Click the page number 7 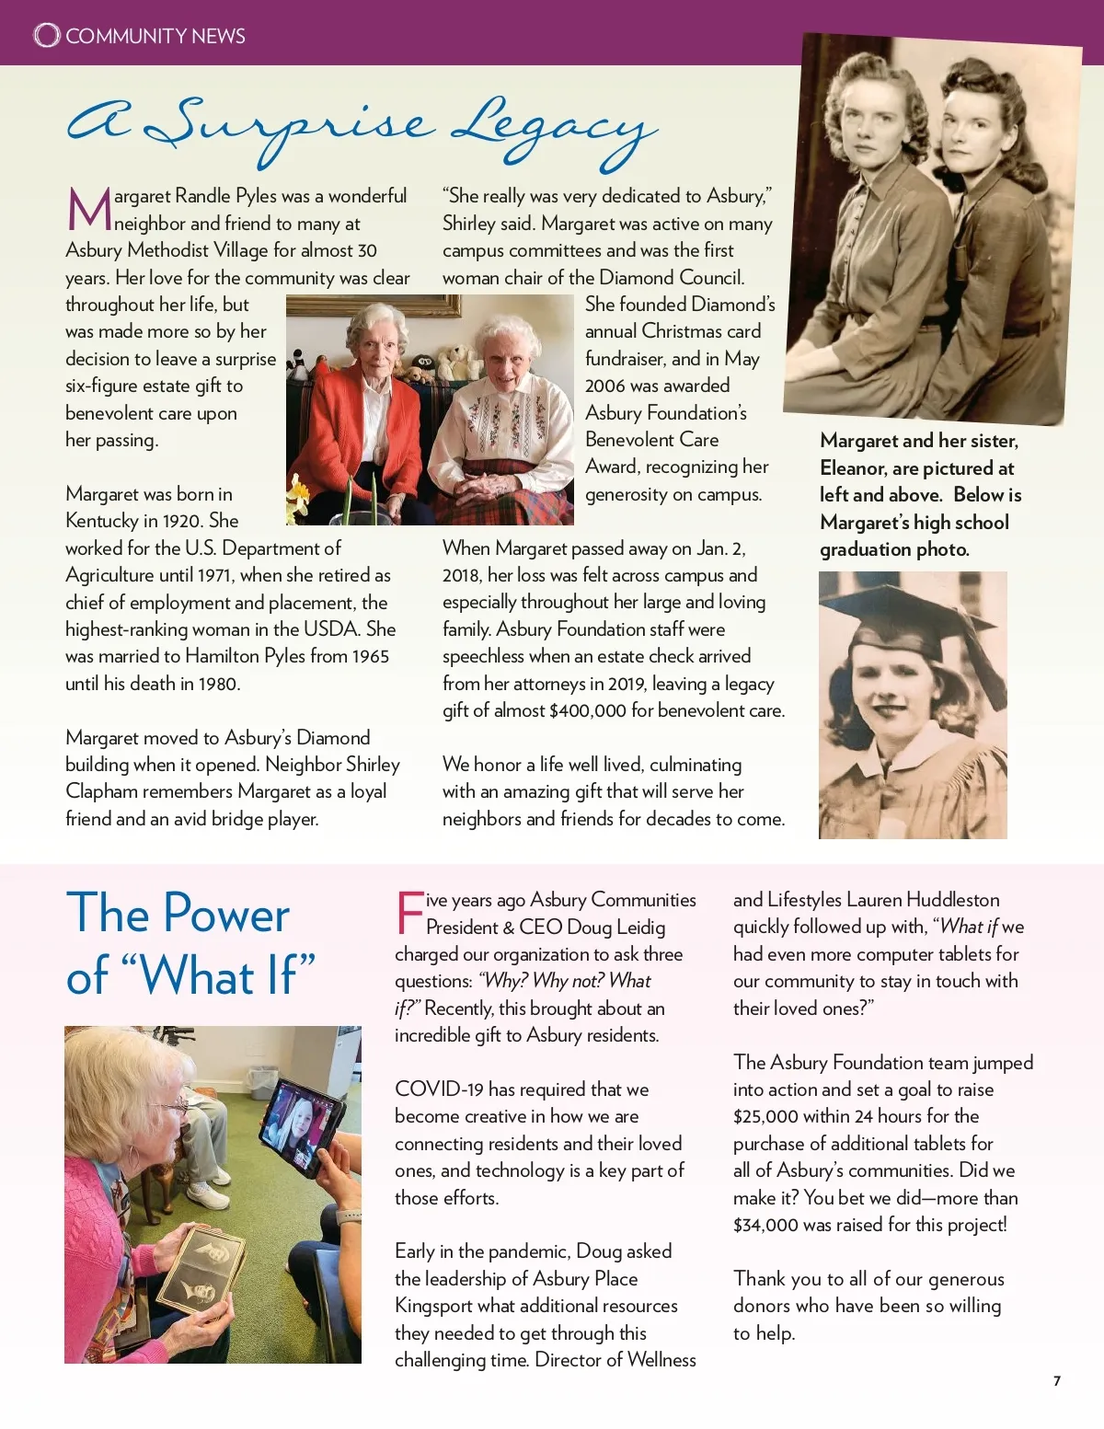tap(1057, 1380)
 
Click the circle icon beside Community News tap(46, 35)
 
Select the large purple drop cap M tap(88, 210)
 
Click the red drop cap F tap(408, 912)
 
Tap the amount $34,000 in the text tap(765, 1225)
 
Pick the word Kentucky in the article tap(101, 521)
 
